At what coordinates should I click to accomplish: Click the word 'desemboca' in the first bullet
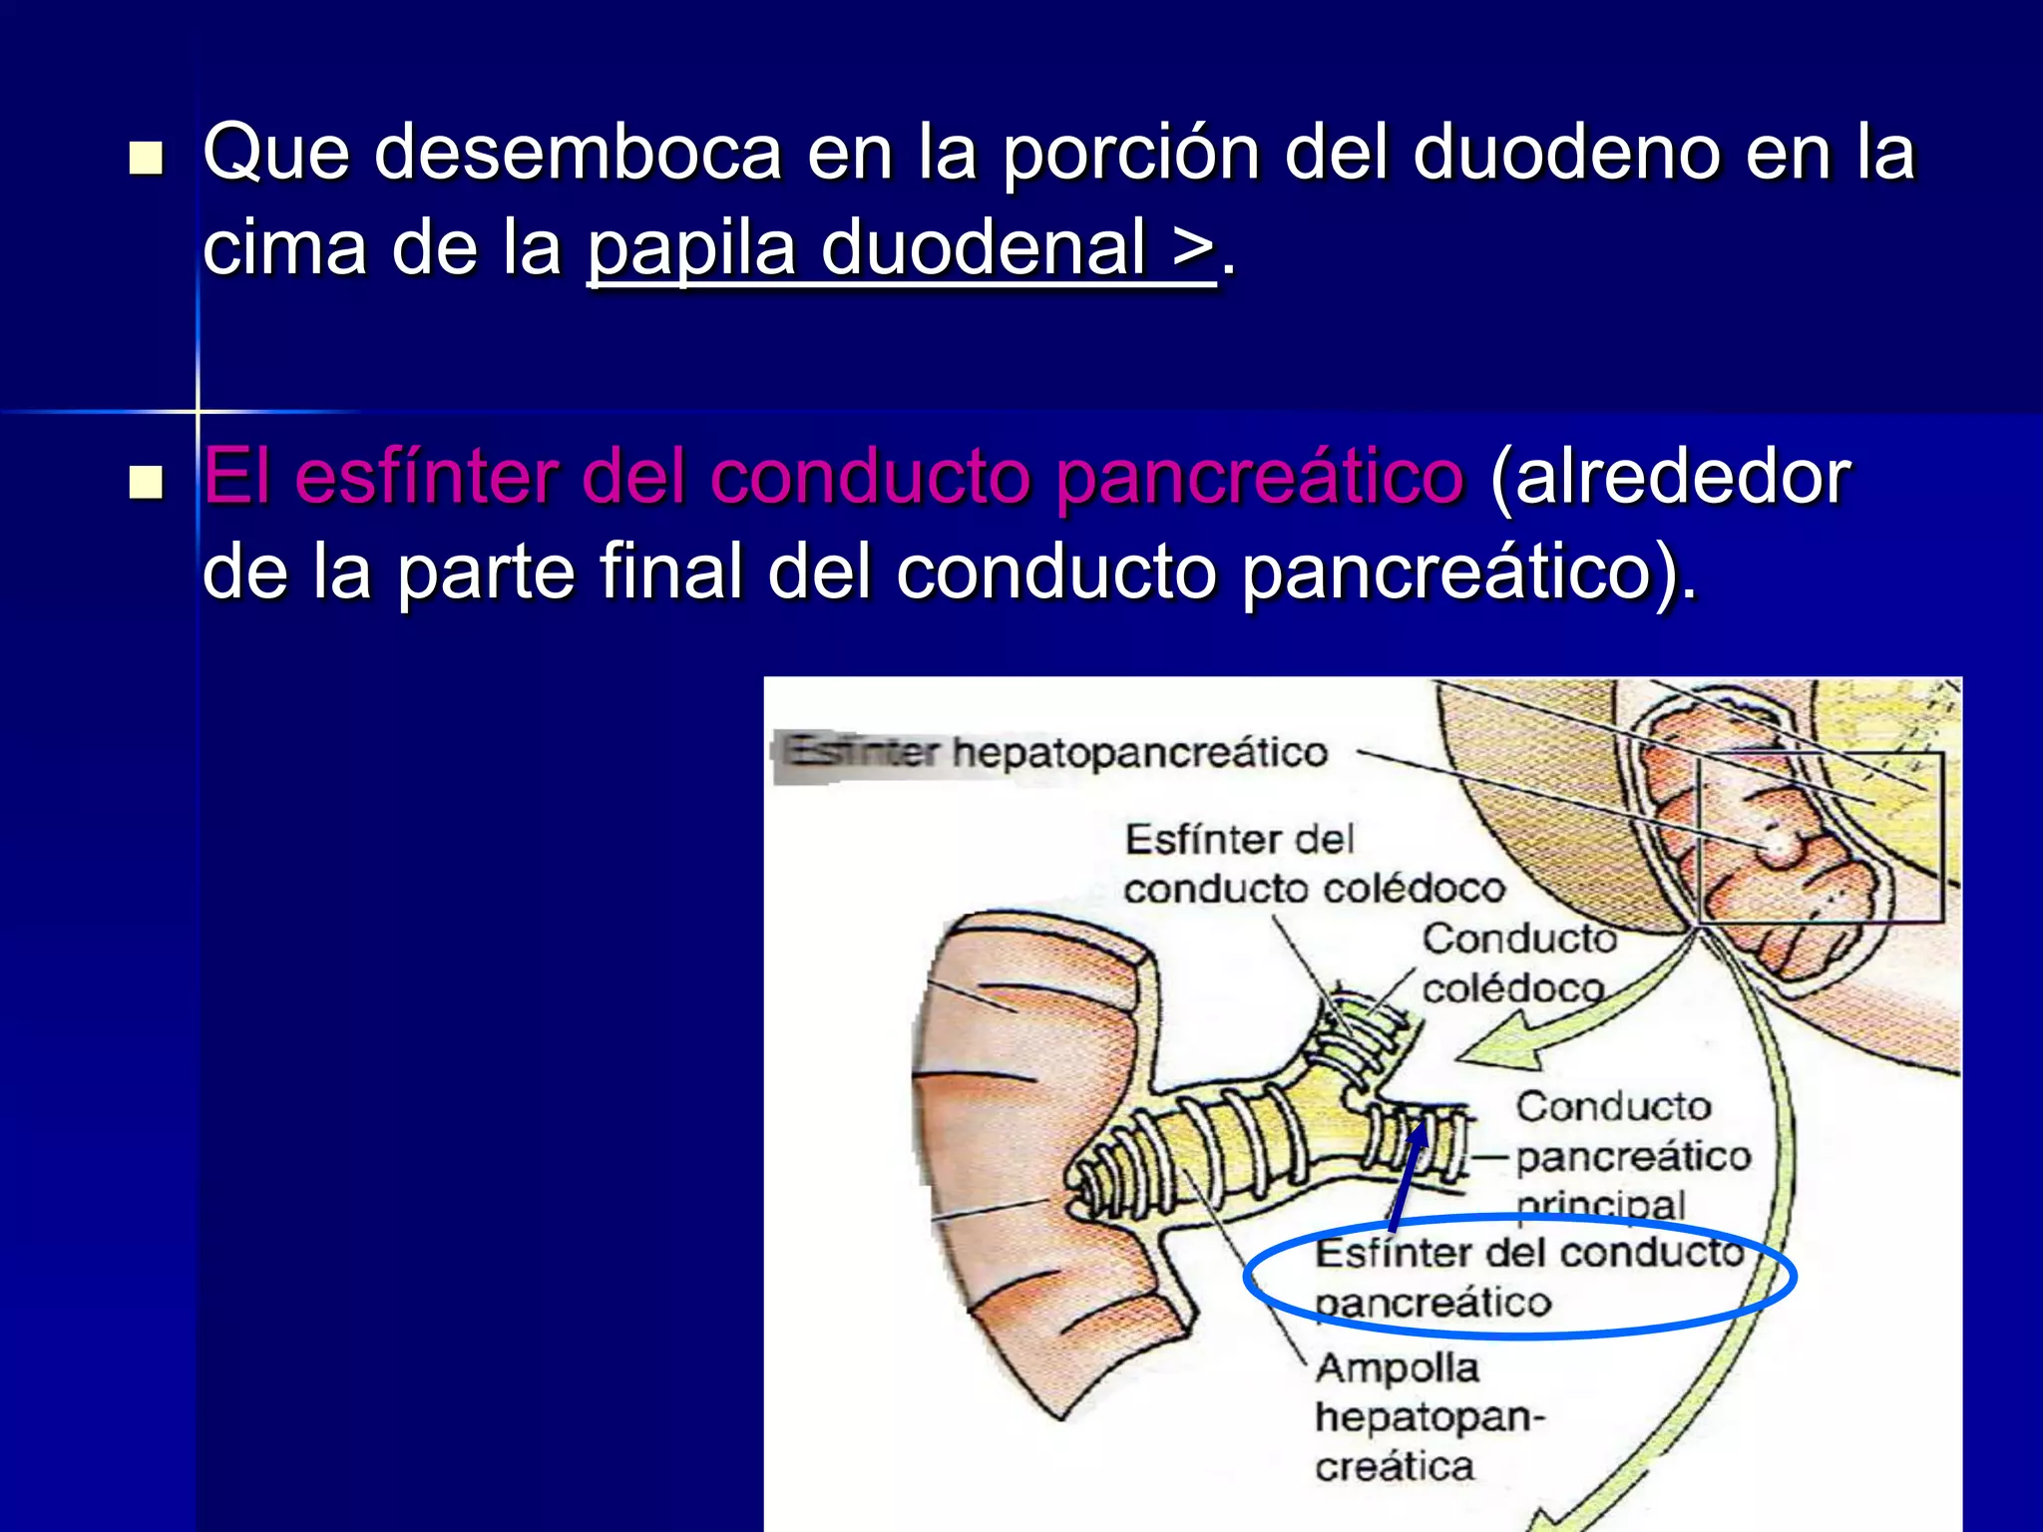coord(578,153)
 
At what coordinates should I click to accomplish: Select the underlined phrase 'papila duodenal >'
coord(901,248)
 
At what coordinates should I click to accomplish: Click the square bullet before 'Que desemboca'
coord(146,159)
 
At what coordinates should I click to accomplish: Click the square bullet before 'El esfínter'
coord(146,483)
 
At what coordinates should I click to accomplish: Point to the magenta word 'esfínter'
coord(426,477)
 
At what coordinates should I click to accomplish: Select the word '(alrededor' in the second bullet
coord(1670,477)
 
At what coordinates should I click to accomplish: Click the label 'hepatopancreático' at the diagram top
coord(1139,753)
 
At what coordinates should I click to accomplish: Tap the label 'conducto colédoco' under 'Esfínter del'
coord(1314,889)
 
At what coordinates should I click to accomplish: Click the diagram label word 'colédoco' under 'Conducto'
coord(1512,989)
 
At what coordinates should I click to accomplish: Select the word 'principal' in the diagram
coord(1600,1205)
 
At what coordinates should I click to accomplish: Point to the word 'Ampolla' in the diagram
coord(1397,1368)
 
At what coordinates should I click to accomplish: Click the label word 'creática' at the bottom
coord(1394,1467)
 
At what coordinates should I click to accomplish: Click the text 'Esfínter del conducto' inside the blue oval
coord(1529,1254)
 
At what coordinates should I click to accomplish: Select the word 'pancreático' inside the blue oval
coord(1433,1303)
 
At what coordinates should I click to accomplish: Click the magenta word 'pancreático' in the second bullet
coord(1259,477)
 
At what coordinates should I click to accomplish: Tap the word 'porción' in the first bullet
coord(1130,153)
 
